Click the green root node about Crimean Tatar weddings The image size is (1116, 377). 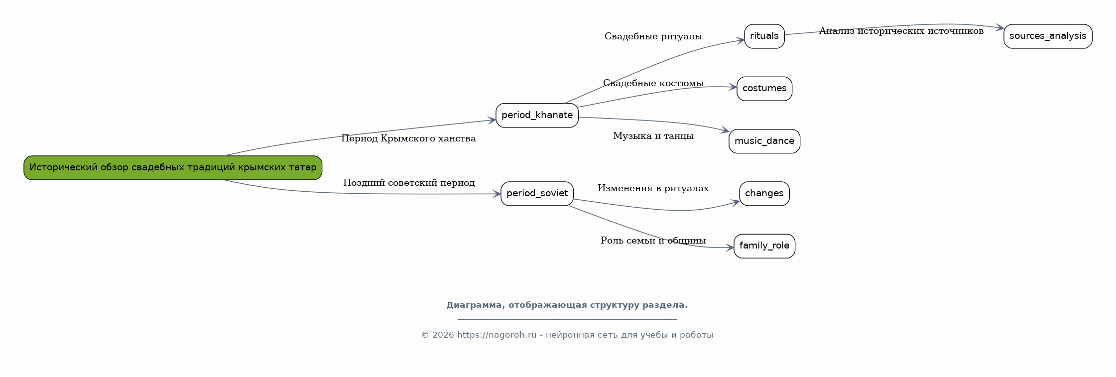tap(173, 168)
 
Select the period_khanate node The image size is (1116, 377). tap(537, 116)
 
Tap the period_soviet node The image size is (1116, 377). tap(537, 194)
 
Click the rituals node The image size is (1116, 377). tap(764, 36)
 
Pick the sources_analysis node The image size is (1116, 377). tap(1047, 36)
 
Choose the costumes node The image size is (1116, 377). tap(764, 89)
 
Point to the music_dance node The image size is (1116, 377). tap(764, 141)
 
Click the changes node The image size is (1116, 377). tap(764, 194)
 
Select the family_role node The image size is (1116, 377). tap(764, 246)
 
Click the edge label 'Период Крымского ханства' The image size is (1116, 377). tap(408, 138)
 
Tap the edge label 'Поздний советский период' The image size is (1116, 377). tap(408, 183)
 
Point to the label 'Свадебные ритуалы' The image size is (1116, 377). tap(653, 36)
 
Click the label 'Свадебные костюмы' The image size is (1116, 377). tap(653, 83)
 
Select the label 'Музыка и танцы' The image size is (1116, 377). tap(653, 136)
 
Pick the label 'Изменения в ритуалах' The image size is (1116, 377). tap(653, 188)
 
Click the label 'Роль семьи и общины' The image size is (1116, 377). tap(653, 241)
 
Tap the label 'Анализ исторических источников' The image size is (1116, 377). tap(901, 31)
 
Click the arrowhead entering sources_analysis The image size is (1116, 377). tap(999, 28)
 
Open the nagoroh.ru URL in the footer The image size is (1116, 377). tap(496, 335)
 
